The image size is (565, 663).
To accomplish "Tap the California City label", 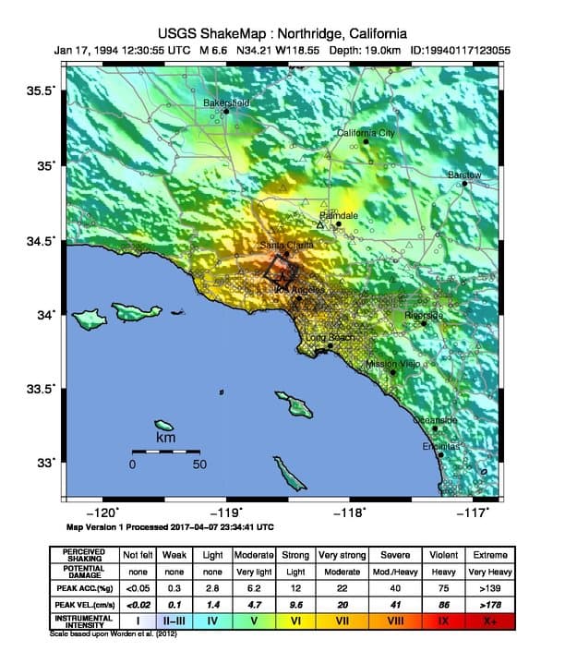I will pyautogui.click(x=366, y=133).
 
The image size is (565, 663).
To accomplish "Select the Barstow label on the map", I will pyautogui.click(x=464, y=175).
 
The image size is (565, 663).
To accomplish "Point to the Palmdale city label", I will pyautogui.click(x=338, y=214).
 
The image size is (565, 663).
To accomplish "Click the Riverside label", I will pyautogui.click(x=424, y=315).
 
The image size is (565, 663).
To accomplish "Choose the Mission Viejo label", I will pyautogui.click(x=392, y=364).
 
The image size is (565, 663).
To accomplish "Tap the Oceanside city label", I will pyautogui.click(x=434, y=420).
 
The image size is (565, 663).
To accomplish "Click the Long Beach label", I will pyautogui.click(x=330, y=338).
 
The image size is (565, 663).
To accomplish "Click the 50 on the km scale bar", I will pyautogui.click(x=199, y=464).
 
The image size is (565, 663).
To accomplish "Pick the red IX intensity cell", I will pyautogui.click(x=445, y=621).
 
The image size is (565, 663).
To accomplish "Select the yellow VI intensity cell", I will pyautogui.click(x=298, y=621).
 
